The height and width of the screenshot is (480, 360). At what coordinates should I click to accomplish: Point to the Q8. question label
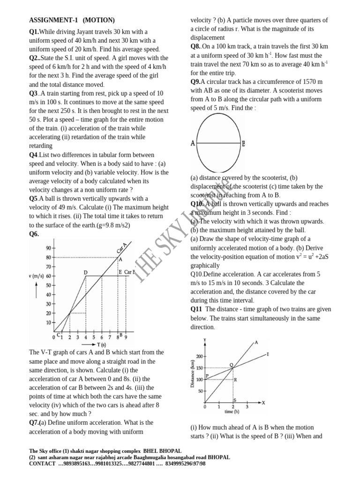tap(196, 46)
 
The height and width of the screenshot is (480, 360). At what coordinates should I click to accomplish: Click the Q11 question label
tap(196, 309)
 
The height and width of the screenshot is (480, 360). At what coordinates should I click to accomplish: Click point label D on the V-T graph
tap(85, 272)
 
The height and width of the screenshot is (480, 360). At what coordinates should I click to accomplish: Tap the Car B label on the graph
tap(130, 272)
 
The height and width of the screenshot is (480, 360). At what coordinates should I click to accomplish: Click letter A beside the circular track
tap(193, 143)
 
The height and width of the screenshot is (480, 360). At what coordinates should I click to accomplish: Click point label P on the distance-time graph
tap(207, 375)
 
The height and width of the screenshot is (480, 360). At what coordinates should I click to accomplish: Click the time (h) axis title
tap(232, 412)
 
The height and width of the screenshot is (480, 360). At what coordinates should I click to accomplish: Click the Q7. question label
tap(35, 422)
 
